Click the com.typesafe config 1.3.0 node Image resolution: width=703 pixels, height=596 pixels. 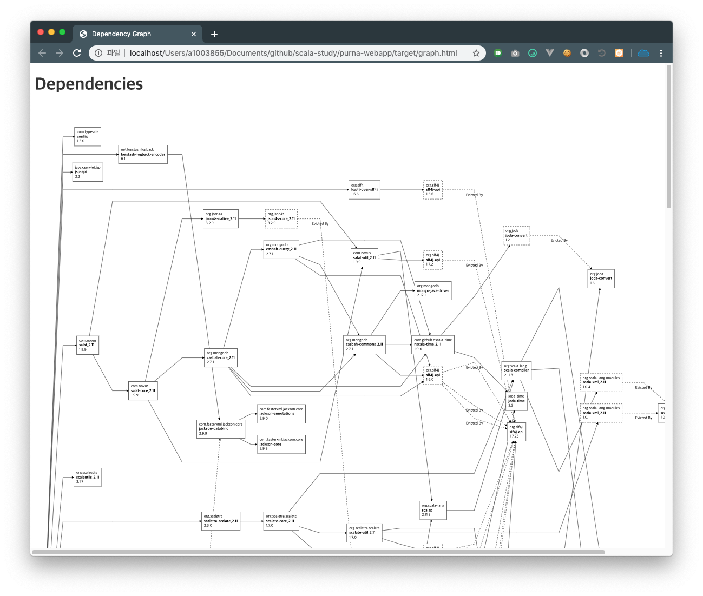pos(88,137)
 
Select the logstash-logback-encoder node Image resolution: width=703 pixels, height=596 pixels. pos(143,154)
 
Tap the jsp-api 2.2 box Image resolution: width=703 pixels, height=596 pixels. pos(88,173)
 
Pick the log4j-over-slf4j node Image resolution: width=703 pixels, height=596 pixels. pos(364,190)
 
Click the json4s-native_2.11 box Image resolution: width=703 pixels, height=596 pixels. pos(221,218)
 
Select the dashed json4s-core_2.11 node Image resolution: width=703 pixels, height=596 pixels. pos(281,218)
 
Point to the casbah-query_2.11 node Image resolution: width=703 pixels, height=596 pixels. pos(281,249)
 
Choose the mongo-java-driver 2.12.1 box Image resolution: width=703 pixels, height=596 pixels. pos(433,290)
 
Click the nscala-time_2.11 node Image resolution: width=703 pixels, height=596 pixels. pos(433,345)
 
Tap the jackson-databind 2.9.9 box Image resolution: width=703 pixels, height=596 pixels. pos(221,429)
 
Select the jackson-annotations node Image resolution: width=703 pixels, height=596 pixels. pos(281,414)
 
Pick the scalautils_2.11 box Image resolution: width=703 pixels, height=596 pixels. pos(88,477)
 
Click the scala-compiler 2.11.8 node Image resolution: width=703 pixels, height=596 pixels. pos(516,370)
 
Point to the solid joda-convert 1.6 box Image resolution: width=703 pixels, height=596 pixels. pos(601,279)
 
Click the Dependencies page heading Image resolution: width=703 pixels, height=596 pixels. pos(89,84)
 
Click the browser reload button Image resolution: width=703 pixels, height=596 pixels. pos(77,53)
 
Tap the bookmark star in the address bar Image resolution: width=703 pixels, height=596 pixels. pos(476,53)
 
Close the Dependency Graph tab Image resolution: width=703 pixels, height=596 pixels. pos(194,34)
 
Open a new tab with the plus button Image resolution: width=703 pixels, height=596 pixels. pos(214,34)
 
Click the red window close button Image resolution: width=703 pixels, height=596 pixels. pos(41,32)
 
